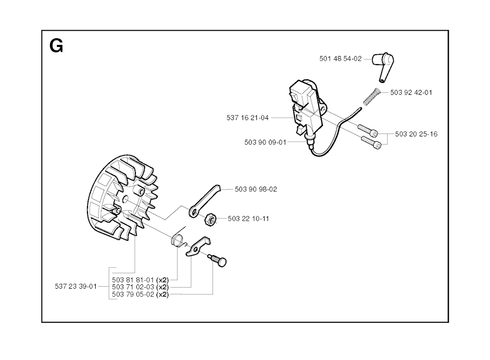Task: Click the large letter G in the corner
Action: [x=56, y=46]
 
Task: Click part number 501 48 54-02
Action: [x=340, y=59]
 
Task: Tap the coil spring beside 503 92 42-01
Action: [x=371, y=97]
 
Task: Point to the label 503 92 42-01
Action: [x=411, y=92]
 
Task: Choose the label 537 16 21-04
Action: [x=247, y=118]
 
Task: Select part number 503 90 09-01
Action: [x=265, y=143]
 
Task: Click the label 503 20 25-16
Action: [x=416, y=134]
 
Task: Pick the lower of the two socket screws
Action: [x=371, y=142]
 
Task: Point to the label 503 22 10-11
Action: [x=248, y=219]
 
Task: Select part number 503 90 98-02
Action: [x=256, y=190]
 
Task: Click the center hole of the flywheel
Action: [x=126, y=199]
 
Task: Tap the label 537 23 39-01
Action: [x=76, y=287]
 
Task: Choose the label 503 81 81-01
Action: [x=133, y=280]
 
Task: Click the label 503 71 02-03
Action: [x=133, y=287]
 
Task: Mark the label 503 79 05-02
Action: [x=133, y=295]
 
